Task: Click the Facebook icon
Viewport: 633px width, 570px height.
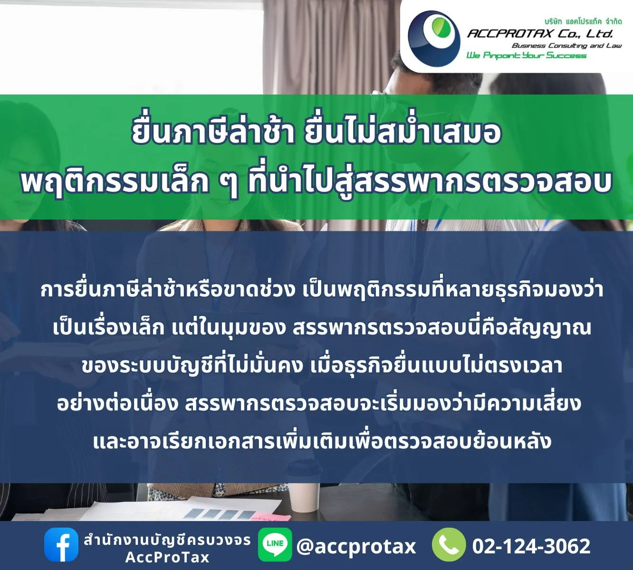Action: tap(61, 545)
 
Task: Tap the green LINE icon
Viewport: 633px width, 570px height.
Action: tap(275, 544)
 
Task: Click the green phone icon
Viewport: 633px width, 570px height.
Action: tap(449, 545)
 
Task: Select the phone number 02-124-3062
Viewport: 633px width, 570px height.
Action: tap(531, 546)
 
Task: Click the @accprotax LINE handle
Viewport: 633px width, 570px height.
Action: tap(356, 546)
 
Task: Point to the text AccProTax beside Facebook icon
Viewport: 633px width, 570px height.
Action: tap(167, 557)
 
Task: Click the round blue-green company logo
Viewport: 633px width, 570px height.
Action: tap(434, 38)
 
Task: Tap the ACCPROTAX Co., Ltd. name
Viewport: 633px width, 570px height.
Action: tap(540, 33)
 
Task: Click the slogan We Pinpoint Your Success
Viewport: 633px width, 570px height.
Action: tap(526, 56)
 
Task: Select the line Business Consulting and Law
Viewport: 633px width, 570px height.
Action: tap(566, 46)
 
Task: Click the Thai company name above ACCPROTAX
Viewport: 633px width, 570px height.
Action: tap(583, 21)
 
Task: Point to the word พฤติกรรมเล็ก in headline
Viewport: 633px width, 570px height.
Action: tap(115, 182)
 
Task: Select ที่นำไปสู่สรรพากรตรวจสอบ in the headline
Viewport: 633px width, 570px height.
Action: tap(429, 182)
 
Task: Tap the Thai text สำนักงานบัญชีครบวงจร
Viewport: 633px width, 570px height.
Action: tap(167, 540)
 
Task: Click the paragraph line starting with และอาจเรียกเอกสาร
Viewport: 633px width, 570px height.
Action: tap(322, 441)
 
